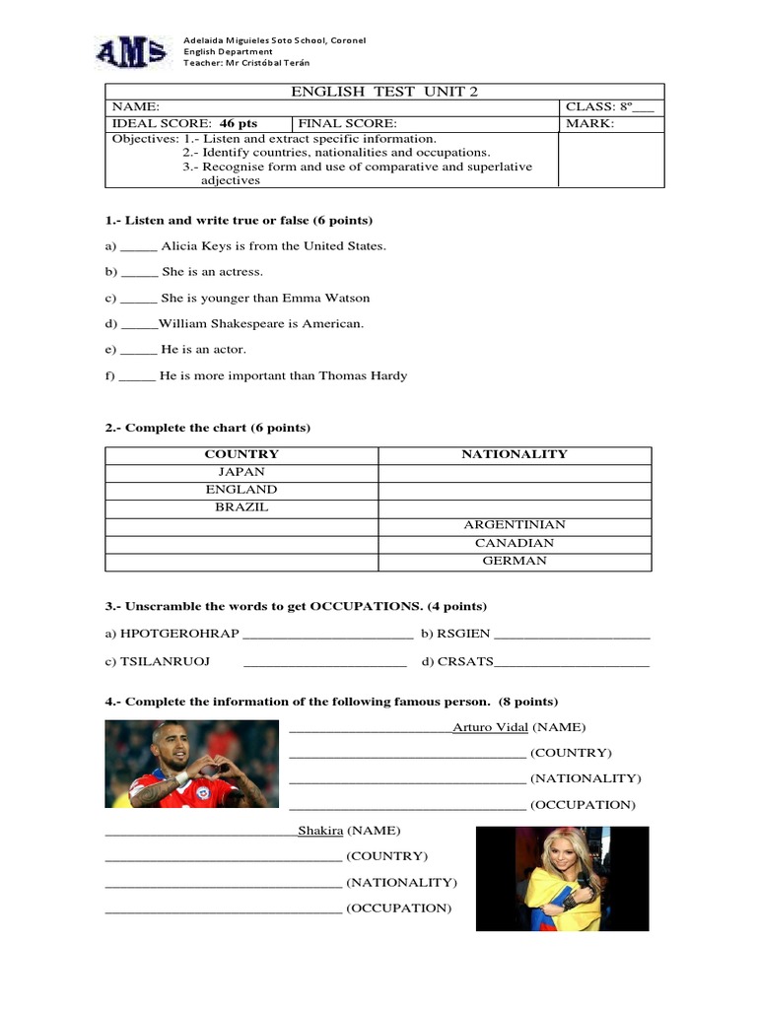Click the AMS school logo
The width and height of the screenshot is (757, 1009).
coord(131,53)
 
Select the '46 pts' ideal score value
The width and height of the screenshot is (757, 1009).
coord(238,123)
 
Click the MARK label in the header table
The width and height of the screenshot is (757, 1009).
coord(588,123)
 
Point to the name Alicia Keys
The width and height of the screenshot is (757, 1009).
coord(204,245)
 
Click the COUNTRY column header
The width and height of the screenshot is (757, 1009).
coord(241,454)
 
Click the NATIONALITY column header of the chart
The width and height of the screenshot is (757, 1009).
coord(514,454)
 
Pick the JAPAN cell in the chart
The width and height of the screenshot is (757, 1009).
coord(241,472)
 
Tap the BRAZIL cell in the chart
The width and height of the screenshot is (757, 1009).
coord(241,507)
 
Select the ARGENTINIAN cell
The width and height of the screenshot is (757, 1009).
coord(514,525)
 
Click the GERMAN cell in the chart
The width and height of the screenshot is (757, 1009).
coord(514,561)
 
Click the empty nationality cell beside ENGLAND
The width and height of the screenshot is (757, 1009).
coord(514,490)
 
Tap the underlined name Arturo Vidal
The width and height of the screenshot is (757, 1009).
coord(490,727)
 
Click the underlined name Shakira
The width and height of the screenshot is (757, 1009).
coord(320,831)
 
